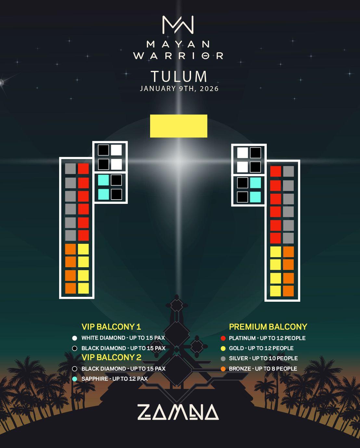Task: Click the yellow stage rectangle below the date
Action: [x=178, y=126]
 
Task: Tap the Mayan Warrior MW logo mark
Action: [x=178, y=25]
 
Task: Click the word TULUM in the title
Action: [x=179, y=77]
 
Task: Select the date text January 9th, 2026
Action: [x=179, y=88]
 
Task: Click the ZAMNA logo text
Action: [x=178, y=412]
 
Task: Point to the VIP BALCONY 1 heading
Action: [x=111, y=327]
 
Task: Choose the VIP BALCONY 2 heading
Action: [x=111, y=357]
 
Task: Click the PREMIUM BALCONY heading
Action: [x=268, y=327]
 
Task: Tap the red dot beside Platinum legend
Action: [x=223, y=338]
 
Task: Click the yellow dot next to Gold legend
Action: [x=223, y=349]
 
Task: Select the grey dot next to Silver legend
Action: [x=223, y=359]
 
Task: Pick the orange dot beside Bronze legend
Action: [x=223, y=369]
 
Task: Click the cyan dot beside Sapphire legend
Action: [x=75, y=379]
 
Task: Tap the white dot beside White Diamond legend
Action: [x=75, y=338]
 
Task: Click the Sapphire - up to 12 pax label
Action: [x=114, y=379]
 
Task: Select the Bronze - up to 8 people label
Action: [x=263, y=369]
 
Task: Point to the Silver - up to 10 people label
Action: [x=263, y=358]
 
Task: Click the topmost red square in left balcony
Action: [x=84, y=169]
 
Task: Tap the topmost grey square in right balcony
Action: [x=288, y=171]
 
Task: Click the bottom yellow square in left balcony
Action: [x=84, y=288]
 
